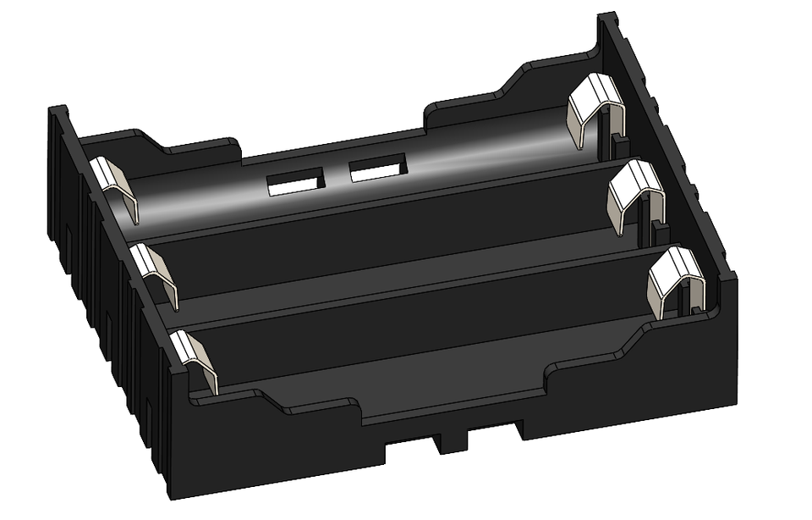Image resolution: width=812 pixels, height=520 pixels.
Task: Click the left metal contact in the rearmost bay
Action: (117, 188)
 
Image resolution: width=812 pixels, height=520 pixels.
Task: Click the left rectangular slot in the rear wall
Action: (295, 182)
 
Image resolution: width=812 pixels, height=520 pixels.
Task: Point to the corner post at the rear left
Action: (58, 127)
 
